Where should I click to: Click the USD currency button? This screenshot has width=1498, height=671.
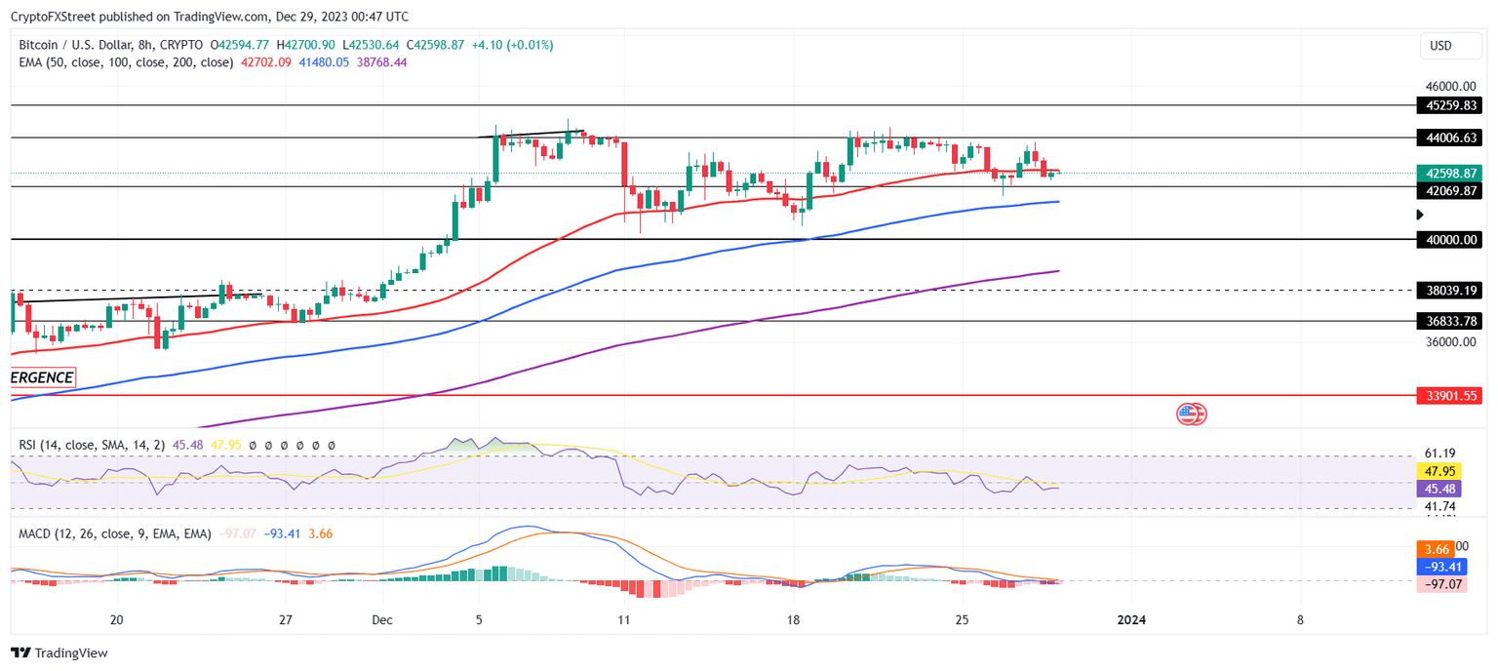click(1440, 46)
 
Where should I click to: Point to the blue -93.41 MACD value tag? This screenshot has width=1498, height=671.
click(1439, 567)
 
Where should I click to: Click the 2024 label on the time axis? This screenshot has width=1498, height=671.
click(1130, 620)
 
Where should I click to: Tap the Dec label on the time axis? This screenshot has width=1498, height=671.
click(381, 620)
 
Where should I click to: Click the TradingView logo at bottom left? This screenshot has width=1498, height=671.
click(59, 652)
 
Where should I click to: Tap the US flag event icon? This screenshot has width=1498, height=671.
click(1188, 414)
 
